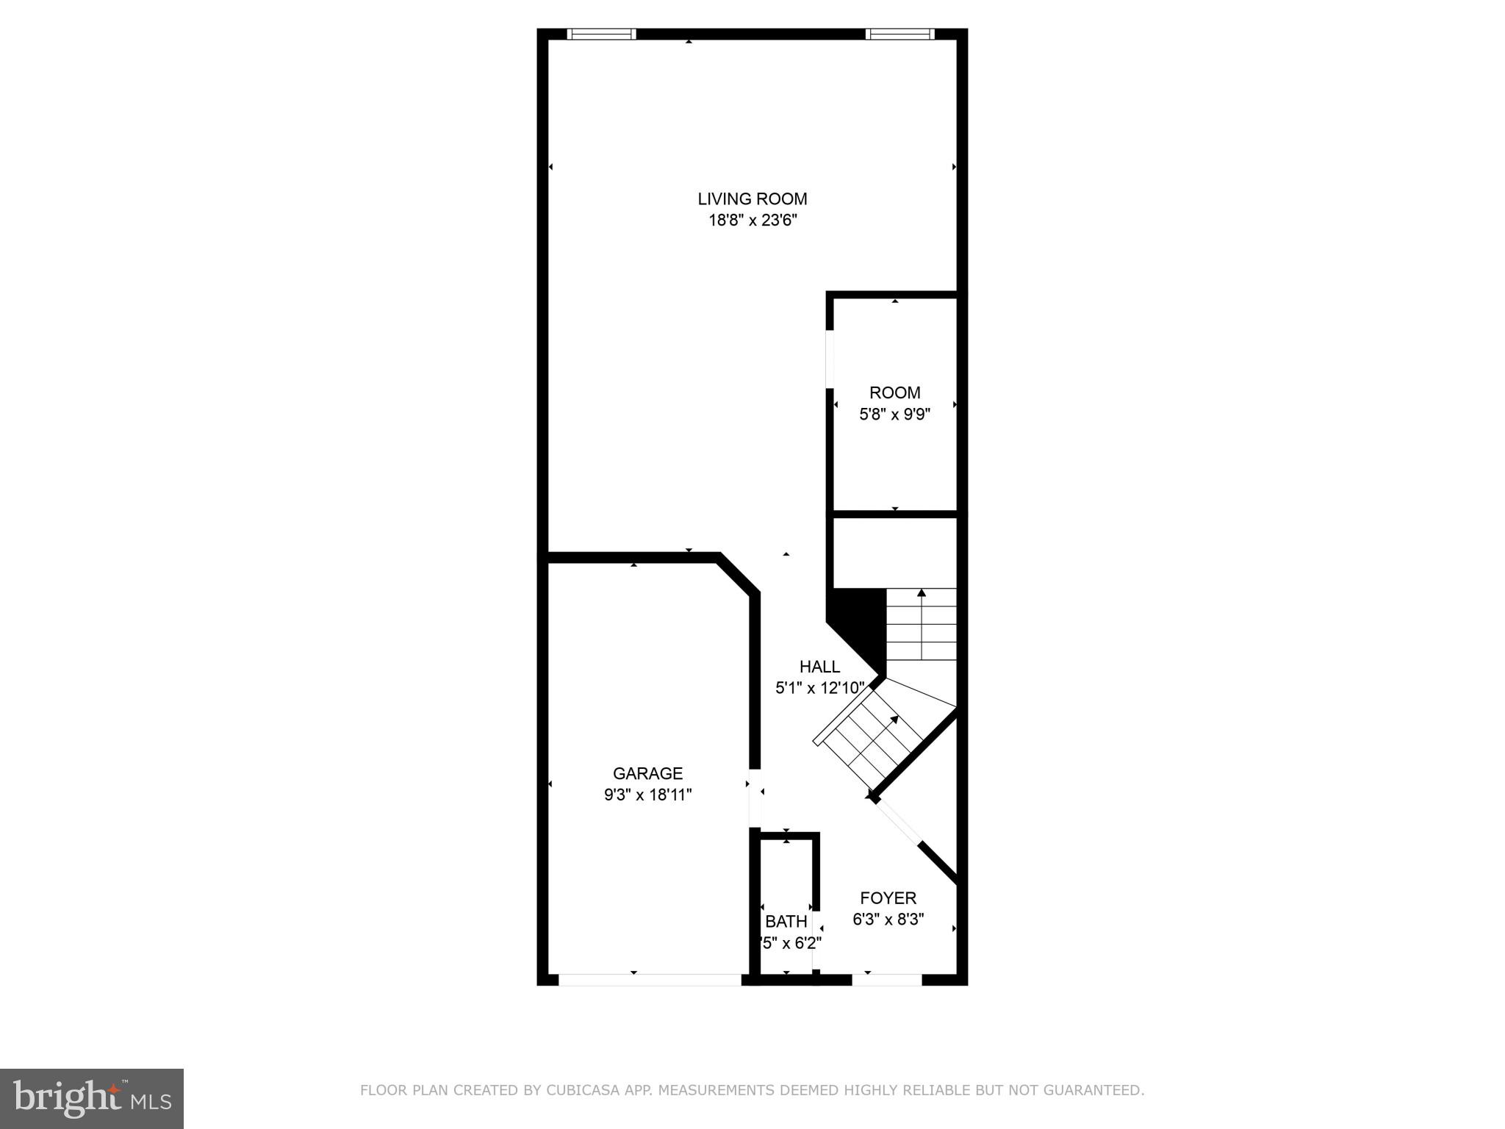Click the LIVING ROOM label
tap(752, 199)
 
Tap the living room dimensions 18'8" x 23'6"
tap(752, 221)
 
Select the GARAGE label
tap(647, 773)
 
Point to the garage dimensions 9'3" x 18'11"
tap(647, 795)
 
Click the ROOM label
tap(894, 393)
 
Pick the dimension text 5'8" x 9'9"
tap(894, 414)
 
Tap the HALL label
tap(819, 667)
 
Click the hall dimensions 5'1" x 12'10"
tap(819, 688)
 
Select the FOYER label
tap(888, 898)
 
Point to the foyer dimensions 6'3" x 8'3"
tap(888, 919)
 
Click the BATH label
tap(786, 922)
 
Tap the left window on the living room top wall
tap(602, 34)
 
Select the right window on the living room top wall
tap(900, 34)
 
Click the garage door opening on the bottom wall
tap(650, 980)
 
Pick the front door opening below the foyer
tap(886, 980)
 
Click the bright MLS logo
tap(91, 1099)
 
